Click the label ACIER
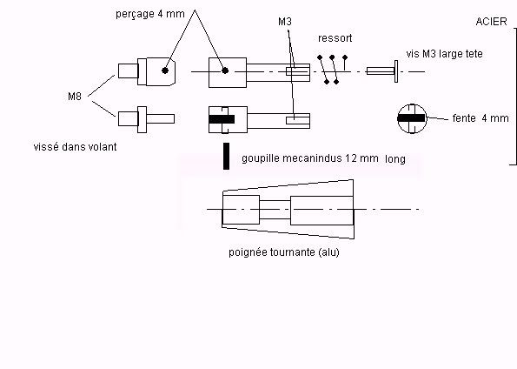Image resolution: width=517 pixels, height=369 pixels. (491, 22)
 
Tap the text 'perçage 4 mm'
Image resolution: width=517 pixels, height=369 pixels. (150, 14)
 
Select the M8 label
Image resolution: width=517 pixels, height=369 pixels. (75, 97)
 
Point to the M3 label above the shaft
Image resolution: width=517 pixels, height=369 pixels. (285, 22)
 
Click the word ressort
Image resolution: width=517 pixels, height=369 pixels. (335, 38)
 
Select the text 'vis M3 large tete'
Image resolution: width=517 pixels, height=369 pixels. (445, 54)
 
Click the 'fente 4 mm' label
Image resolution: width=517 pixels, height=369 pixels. (481, 118)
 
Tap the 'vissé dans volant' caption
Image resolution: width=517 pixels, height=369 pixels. (76, 147)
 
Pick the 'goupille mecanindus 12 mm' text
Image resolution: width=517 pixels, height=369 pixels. (310, 158)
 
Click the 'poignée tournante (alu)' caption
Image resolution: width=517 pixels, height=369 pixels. (284, 252)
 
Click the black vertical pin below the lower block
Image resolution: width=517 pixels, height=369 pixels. (226, 157)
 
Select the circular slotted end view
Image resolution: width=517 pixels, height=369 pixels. (412, 118)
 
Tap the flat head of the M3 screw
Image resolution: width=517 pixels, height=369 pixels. (396, 71)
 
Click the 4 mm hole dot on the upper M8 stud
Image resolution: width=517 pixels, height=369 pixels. (165, 70)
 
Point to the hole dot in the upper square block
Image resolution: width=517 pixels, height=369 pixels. (225, 70)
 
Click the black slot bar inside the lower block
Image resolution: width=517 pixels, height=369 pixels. (222, 119)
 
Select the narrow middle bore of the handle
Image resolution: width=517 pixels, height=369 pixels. (275, 210)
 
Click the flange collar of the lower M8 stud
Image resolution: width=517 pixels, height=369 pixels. (142, 119)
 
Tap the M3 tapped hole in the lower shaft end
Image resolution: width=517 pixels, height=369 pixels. (298, 120)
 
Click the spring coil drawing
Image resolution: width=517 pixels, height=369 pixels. (332, 70)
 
